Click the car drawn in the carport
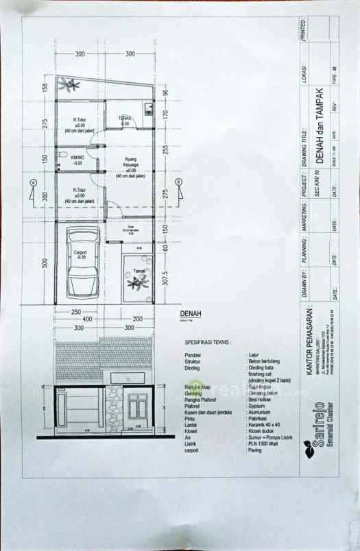click(x=80, y=263)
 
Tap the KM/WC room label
click(x=77, y=160)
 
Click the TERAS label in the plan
click(x=125, y=120)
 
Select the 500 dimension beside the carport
click(x=44, y=265)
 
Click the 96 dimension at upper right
click(x=165, y=93)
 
